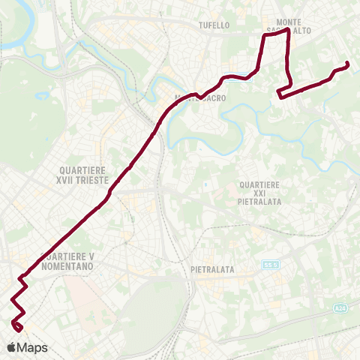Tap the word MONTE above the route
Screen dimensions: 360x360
pos(289,22)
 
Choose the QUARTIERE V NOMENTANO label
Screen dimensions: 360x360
pos(68,262)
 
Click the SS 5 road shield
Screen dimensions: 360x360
pos(270,265)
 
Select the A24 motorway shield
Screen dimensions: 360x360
pos(341,308)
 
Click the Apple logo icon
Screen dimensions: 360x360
pos(12,347)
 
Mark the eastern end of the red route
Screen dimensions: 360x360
pos(347,64)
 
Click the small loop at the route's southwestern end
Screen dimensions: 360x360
pos(17,325)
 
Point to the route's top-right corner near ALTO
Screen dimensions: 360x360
pos(289,31)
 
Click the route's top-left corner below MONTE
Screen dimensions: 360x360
pos(263,34)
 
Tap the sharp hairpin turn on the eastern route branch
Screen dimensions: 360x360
pos(279,94)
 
